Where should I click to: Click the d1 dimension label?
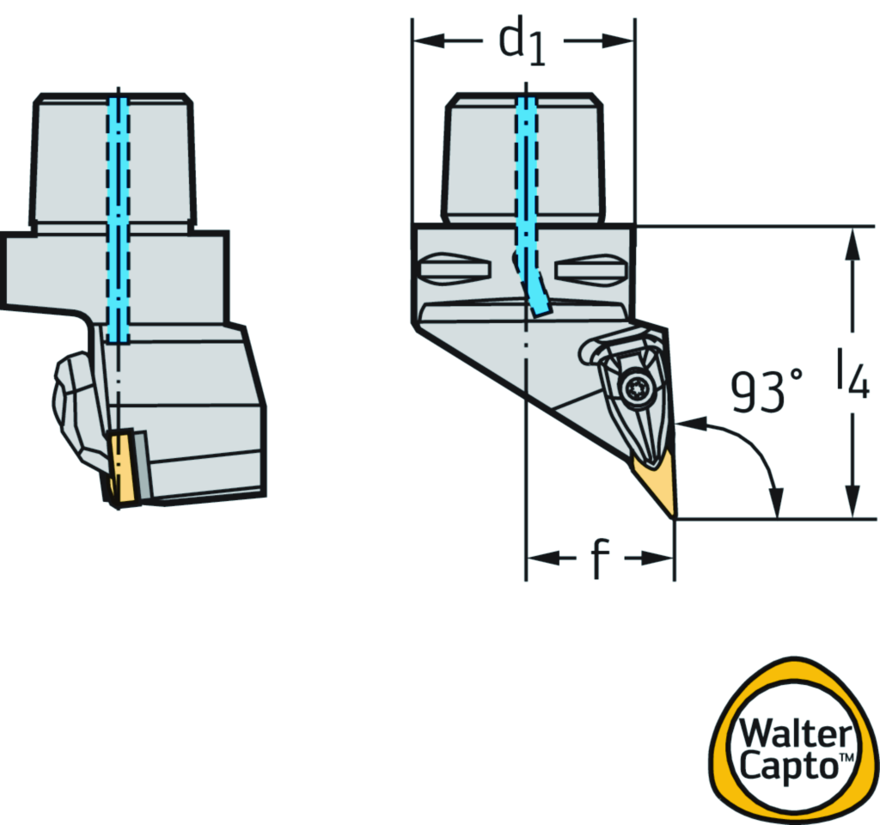click(x=522, y=43)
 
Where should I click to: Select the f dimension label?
click(x=599, y=559)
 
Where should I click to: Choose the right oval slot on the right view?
click(x=590, y=269)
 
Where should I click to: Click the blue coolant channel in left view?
click(x=119, y=215)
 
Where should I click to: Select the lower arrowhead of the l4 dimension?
click(x=852, y=507)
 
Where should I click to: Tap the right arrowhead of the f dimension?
click(x=664, y=559)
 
